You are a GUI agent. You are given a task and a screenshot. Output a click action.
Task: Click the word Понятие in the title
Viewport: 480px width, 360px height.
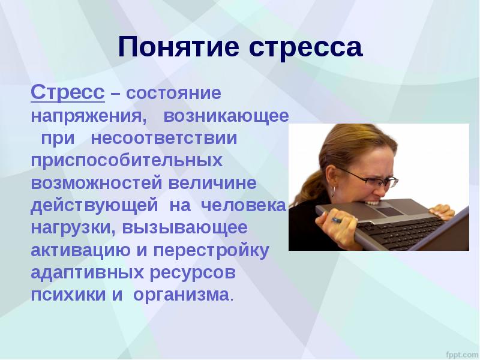point(178,48)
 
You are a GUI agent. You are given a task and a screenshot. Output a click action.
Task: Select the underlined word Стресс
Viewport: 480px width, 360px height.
point(68,92)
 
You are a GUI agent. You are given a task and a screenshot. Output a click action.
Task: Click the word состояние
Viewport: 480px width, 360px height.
point(173,93)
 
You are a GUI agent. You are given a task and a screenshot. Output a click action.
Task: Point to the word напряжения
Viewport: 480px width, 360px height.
point(88,116)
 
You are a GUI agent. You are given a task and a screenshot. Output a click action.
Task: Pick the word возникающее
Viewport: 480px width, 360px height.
point(226,116)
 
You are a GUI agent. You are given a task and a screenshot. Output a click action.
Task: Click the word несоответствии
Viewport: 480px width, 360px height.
point(164,139)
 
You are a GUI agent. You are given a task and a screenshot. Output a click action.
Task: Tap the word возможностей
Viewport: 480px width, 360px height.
point(97,183)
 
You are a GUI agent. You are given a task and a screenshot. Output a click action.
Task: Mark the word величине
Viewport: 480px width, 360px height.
point(212,183)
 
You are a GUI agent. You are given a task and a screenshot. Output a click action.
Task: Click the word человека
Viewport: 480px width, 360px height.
point(243,206)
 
